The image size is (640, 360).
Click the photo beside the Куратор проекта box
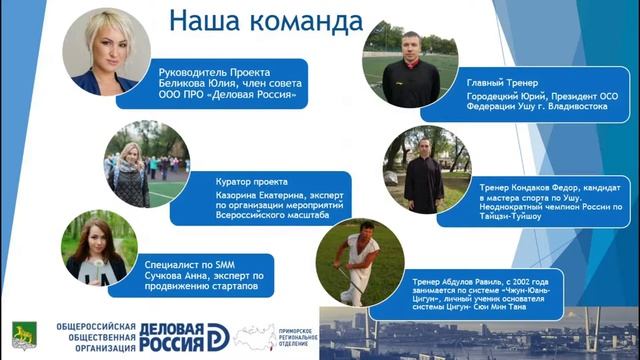(x=146, y=164)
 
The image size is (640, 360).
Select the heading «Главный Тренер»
(x=498, y=81)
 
